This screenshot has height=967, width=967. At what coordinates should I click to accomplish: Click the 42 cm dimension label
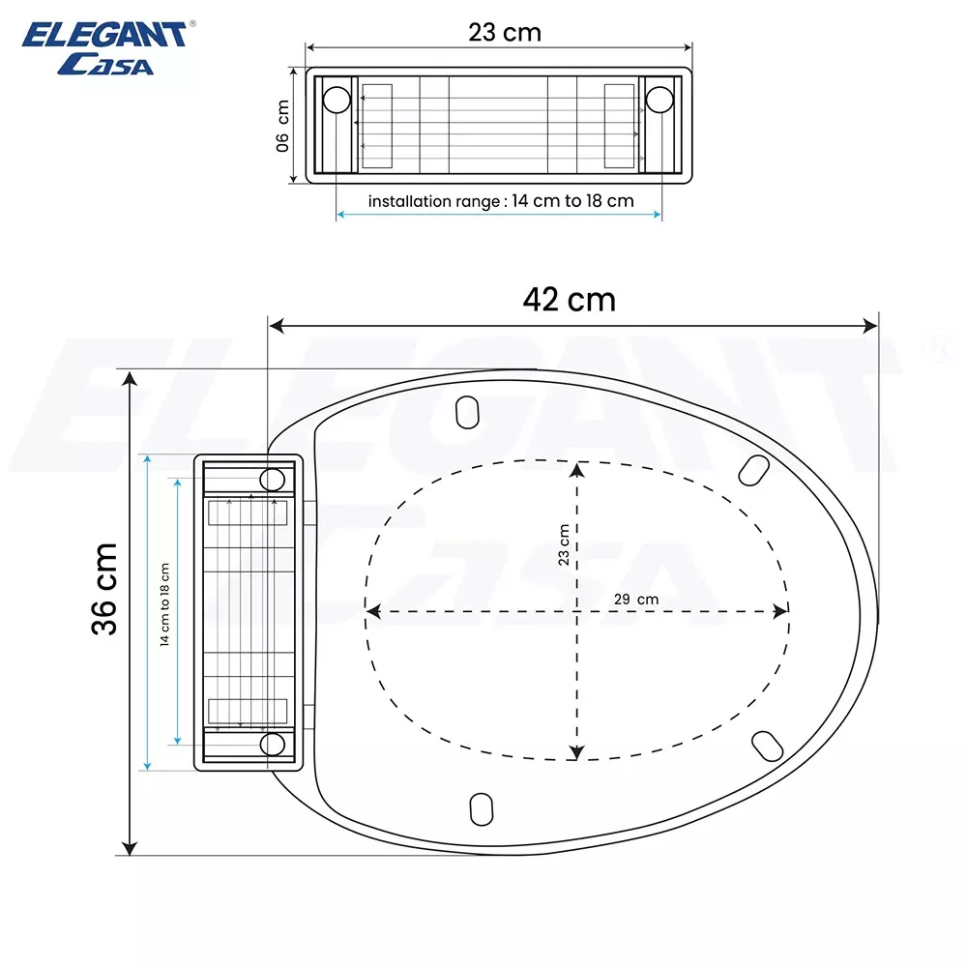tap(569, 299)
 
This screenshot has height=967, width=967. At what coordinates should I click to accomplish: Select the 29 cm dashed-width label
tap(635, 600)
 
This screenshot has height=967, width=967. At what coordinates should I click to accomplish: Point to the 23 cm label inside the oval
tap(564, 545)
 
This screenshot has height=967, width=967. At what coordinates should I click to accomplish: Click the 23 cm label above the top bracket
tap(505, 32)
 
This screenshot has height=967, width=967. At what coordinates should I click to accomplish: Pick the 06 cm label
tap(282, 126)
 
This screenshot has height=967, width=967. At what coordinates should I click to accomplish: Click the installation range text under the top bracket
tap(500, 201)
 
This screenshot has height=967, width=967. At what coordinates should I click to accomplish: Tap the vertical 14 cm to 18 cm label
tap(164, 605)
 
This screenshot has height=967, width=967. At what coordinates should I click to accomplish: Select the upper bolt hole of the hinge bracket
tap(273, 479)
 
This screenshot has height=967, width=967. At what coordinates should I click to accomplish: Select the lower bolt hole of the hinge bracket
tap(273, 743)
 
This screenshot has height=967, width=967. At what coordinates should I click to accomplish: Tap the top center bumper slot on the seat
tap(467, 411)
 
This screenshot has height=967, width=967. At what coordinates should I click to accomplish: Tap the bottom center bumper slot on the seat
tap(480, 808)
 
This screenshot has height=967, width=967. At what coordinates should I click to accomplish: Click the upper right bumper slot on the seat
tap(754, 469)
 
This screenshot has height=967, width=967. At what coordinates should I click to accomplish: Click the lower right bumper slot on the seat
tap(768, 745)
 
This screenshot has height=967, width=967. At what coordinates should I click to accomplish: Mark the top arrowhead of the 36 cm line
tap(129, 377)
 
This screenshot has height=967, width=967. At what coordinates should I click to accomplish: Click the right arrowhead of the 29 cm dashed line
tap(782, 611)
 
